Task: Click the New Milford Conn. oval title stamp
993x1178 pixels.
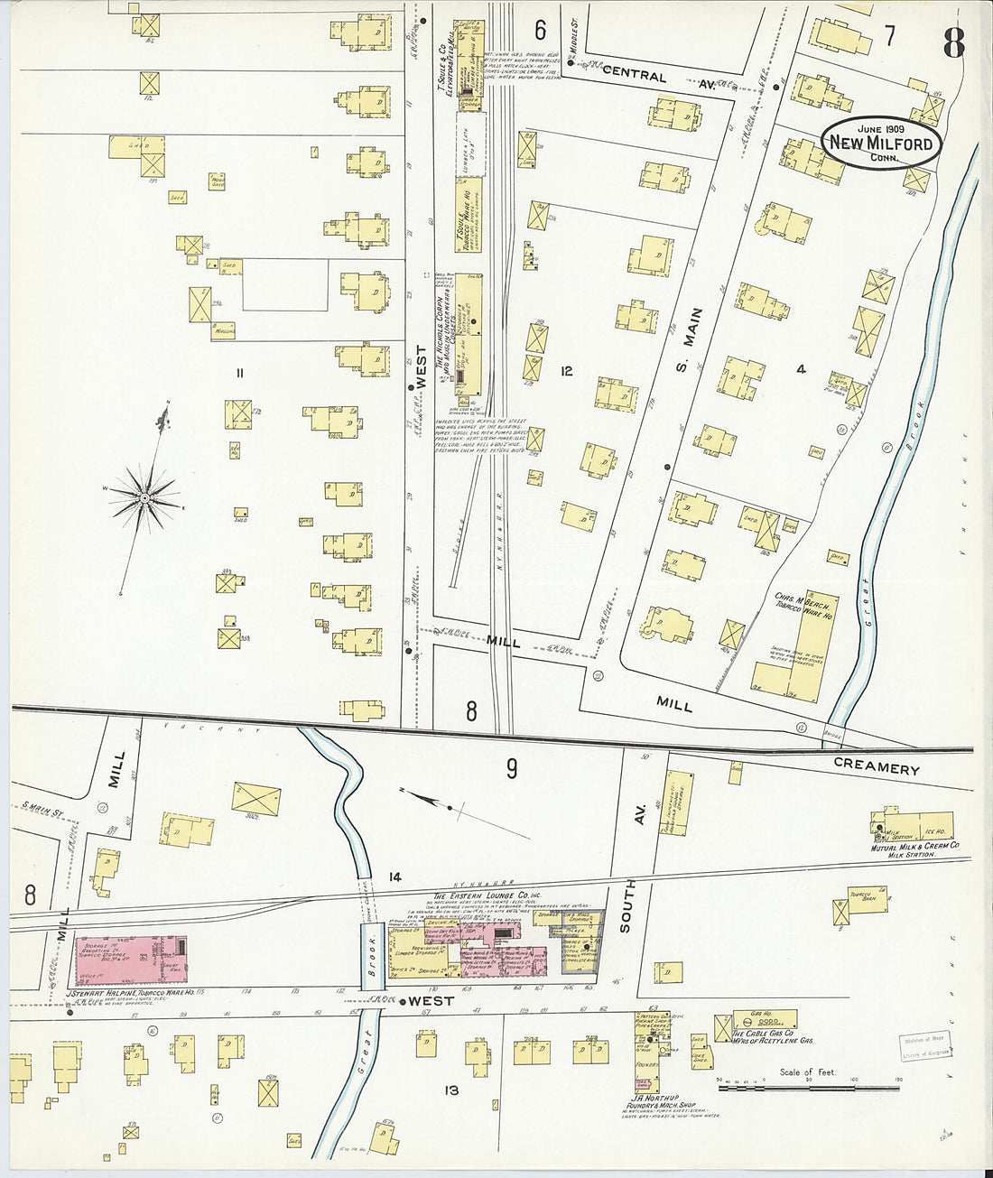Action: [x=881, y=143]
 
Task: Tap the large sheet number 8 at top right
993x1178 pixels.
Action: [x=953, y=42]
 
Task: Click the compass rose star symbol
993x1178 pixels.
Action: [x=144, y=497]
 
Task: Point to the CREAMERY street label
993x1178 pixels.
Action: [x=876, y=768]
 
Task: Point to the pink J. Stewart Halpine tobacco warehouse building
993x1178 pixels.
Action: [x=131, y=960]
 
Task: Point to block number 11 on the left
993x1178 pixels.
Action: [x=239, y=373]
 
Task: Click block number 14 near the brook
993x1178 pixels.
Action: [x=394, y=877]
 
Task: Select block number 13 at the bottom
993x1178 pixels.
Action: [x=451, y=1090]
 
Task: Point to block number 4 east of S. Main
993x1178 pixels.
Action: [x=800, y=368]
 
